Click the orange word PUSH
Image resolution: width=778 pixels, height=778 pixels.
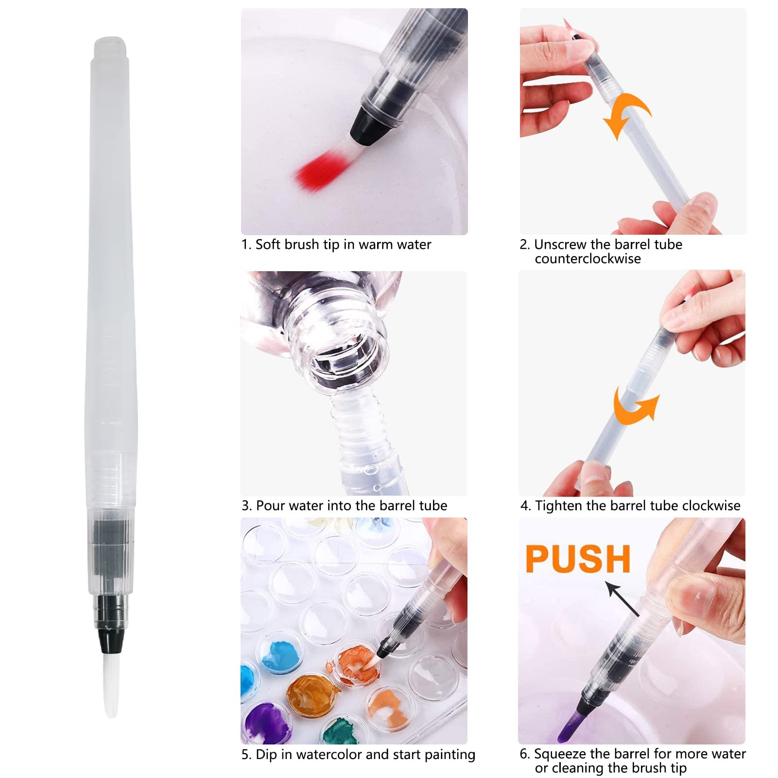click(x=578, y=559)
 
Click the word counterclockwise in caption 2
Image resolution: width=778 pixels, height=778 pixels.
click(x=588, y=259)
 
